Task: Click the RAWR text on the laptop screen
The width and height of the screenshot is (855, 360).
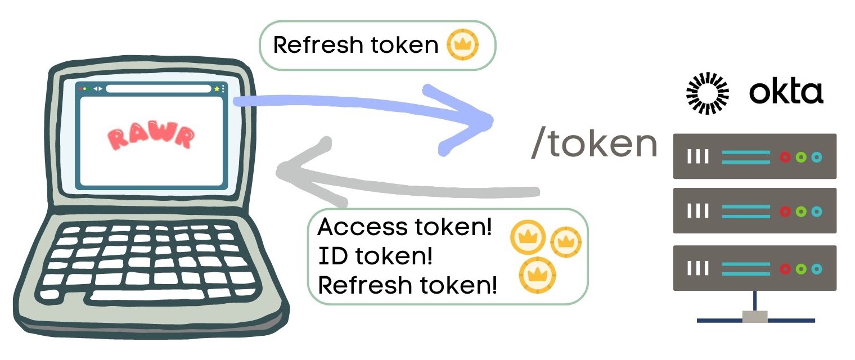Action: tap(151, 137)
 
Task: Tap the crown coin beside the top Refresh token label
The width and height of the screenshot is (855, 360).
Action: tap(462, 45)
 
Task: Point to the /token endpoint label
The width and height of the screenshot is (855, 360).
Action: tap(593, 145)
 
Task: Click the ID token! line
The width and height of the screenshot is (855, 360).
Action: tap(375, 256)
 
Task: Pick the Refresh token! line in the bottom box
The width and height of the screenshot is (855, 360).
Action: tap(408, 285)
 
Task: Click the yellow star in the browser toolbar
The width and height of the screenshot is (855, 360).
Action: tap(216, 89)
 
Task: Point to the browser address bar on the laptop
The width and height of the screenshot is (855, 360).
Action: tap(158, 89)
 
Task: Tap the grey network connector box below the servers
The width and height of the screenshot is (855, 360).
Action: tap(754, 316)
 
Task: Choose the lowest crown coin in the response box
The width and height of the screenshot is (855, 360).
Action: tap(537, 275)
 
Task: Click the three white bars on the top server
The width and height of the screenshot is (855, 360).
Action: tap(697, 157)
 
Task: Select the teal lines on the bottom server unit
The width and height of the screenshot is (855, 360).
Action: tap(745, 269)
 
